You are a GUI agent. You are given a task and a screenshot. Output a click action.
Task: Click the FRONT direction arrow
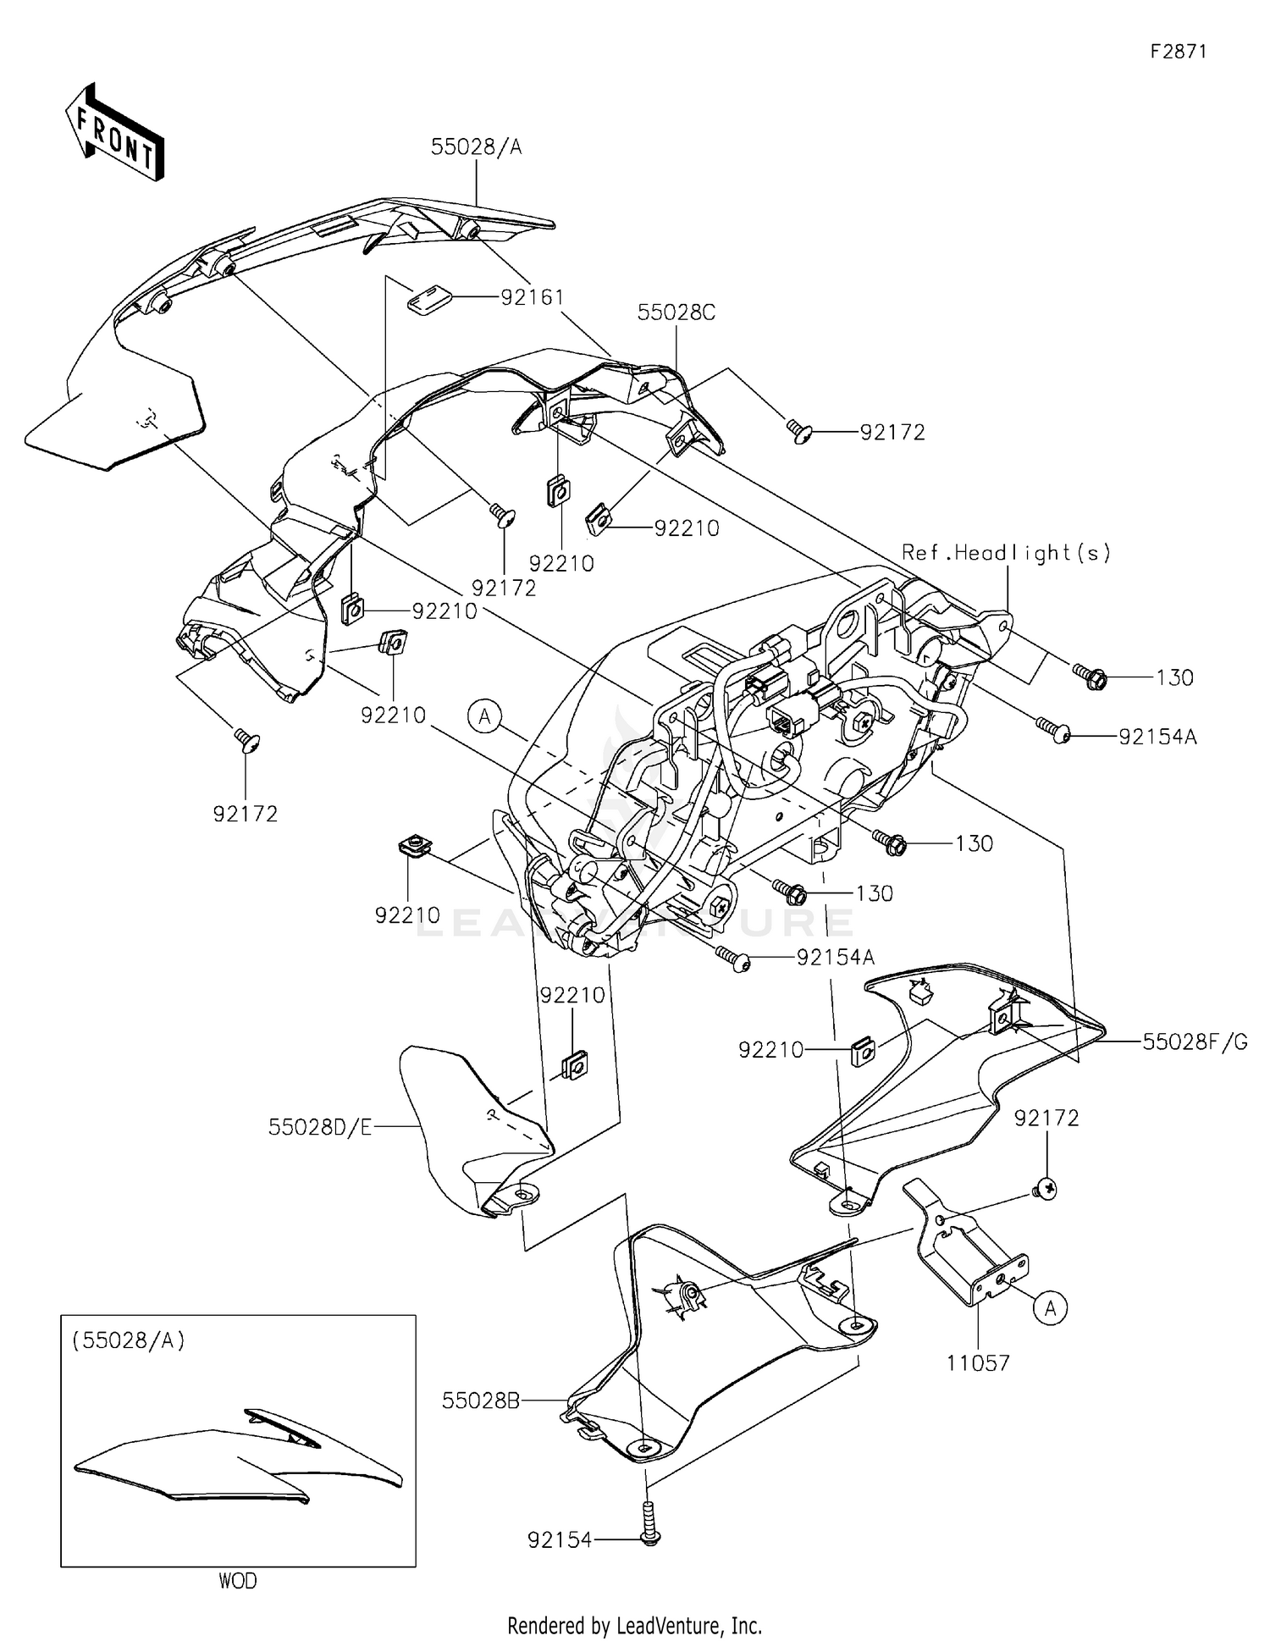click(114, 133)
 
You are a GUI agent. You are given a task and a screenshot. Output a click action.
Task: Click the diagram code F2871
click(1178, 52)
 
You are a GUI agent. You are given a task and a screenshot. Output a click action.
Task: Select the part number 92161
click(533, 297)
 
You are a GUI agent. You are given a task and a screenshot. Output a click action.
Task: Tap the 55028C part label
click(676, 312)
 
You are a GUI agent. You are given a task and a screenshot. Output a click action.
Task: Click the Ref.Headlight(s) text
click(1006, 553)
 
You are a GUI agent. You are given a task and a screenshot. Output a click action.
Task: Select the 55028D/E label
click(320, 1127)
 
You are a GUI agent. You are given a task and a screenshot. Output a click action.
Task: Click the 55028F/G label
click(1195, 1042)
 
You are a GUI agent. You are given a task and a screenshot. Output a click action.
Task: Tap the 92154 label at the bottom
click(560, 1540)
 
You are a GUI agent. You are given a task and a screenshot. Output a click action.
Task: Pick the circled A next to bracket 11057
click(1051, 1308)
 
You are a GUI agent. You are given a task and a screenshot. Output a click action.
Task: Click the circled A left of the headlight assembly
click(484, 717)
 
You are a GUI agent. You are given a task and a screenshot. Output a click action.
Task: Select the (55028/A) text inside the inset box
click(128, 1340)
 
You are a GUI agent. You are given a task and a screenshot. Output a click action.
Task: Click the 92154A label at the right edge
click(1157, 737)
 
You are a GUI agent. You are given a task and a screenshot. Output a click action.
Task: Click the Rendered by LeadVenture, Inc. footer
click(634, 1626)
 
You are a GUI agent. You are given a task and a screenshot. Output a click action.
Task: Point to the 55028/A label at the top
click(476, 147)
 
